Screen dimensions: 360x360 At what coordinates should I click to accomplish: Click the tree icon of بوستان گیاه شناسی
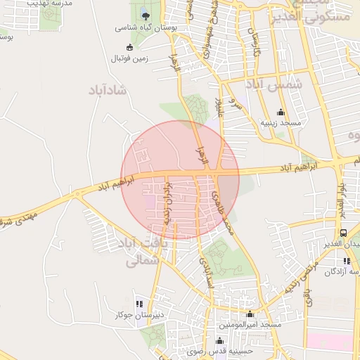coord(144,15)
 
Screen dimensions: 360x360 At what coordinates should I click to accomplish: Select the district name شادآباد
coord(106,90)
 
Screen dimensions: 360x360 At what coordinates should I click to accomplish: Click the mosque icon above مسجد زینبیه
coord(281,112)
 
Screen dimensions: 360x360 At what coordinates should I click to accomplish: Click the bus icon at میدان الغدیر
coord(343,233)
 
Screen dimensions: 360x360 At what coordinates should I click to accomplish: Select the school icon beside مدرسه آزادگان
coord(347,261)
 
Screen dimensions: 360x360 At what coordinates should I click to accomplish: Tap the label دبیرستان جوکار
coord(139,315)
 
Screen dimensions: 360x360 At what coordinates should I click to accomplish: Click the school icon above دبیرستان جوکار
coord(139,304)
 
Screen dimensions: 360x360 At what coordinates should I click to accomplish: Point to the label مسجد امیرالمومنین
coord(250,325)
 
